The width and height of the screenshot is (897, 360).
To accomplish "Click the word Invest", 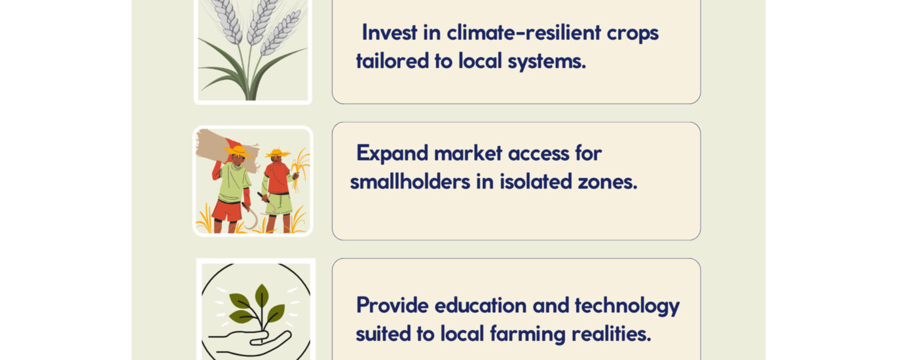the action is pos(389,33).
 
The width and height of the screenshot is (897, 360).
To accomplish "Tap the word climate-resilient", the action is pos(524,33).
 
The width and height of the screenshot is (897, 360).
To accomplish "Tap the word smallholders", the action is pos(410,182).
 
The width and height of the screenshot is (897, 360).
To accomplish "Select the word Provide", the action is pos(392,306).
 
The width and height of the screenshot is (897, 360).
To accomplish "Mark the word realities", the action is pos(611,334).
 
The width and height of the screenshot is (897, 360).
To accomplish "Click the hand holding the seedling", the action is pos(250,341).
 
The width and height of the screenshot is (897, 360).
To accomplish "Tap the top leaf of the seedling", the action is pos(262,296).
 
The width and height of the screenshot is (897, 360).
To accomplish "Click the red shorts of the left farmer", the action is pos(227,211).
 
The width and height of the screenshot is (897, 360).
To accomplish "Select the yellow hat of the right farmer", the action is pos(278,153).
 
